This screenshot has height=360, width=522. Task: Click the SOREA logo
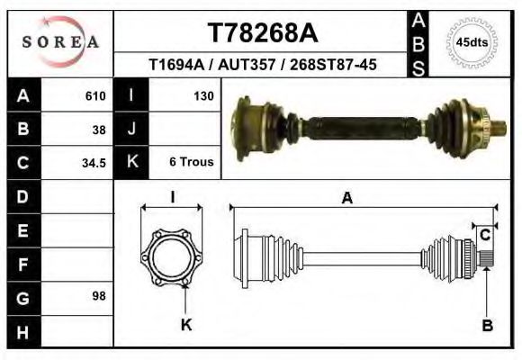pyautogui.click(x=60, y=42)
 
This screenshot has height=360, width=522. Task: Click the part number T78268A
pyautogui.click(x=262, y=33)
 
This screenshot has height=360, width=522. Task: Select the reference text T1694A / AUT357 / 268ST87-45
pyautogui.click(x=262, y=65)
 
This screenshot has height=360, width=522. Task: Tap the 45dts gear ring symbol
pyautogui.click(x=472, y=41)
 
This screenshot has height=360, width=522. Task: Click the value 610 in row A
pyautogui.click(x=94, y=95)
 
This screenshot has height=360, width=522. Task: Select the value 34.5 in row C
pyautogui.click(x=94, y=163)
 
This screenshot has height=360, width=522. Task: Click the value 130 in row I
pyautogui.click(x=202, y=95)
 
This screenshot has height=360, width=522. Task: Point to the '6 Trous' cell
pyautogui.click(x=191, y=163)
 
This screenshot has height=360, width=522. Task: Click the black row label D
pyautogui.click(x=22, y=196)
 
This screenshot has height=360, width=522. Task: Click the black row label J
pyautogui.click(x=131, y=129)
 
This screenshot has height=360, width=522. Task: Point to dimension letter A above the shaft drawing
pyautogui.click(x=346, y=200)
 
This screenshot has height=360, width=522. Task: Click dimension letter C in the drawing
pyautogui.click(x=484, y=236)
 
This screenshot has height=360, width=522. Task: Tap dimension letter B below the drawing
pyautogui.click(x=487, y=326)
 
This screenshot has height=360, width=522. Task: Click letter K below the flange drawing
pyautogui.click(x=186, y=325)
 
